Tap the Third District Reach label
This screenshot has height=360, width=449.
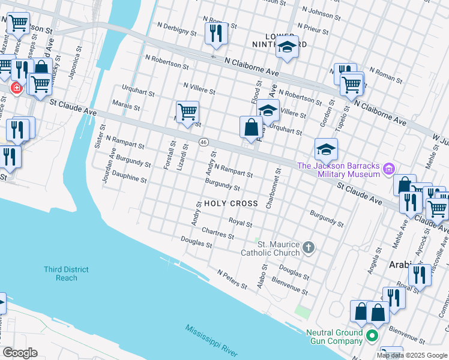tap(66, 274)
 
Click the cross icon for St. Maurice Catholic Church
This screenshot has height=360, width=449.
tap(309, 248)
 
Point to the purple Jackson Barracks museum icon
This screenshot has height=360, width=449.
tap(390, 170)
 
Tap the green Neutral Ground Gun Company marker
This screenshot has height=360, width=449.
tap(372, 336)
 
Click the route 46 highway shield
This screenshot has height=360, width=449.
tap(204, 142)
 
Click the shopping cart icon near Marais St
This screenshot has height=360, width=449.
tap(187, 112)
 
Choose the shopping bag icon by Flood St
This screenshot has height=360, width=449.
tap(251, 127)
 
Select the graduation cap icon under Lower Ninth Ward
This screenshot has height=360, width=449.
tap(287, 48)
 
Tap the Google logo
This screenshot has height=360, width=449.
tap(19, 353)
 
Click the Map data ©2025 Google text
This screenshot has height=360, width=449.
tap(411, 355)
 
